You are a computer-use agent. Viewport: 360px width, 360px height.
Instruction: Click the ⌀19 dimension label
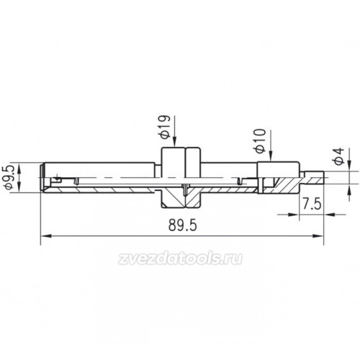[165, 127]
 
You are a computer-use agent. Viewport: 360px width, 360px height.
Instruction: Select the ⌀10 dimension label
[260, 141]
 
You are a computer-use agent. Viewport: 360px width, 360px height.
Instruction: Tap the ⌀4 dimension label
[339, 156]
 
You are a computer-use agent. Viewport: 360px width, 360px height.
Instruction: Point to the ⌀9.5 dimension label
[11, 177]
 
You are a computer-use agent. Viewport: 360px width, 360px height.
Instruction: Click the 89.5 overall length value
[182, 225]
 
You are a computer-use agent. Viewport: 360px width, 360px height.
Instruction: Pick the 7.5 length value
[311, 204]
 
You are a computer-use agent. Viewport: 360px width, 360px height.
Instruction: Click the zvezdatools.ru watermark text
[180, 258]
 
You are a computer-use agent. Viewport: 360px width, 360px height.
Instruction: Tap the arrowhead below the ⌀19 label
[175, 142]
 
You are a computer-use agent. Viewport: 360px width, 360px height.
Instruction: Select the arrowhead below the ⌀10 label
[271, 156]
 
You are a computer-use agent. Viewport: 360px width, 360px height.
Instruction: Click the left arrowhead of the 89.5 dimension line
[46, 236]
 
